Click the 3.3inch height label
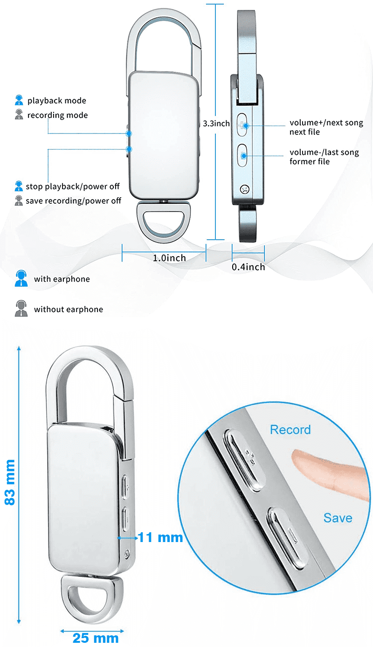coord(216,124)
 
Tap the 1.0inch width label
coord(169,258)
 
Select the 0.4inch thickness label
coord(249,267)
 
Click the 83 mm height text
coord(10,482)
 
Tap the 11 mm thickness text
coord(160,537)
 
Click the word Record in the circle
coord(290,430)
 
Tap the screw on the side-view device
coord(244,189)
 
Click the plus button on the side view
coord(242,125)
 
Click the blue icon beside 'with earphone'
coord(21,278)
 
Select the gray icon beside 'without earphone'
coord(21,308)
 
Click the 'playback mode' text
coord(57,100)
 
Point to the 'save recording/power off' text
coord(73,201)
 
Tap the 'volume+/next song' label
coord(326,123)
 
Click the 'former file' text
coord(310,161)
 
